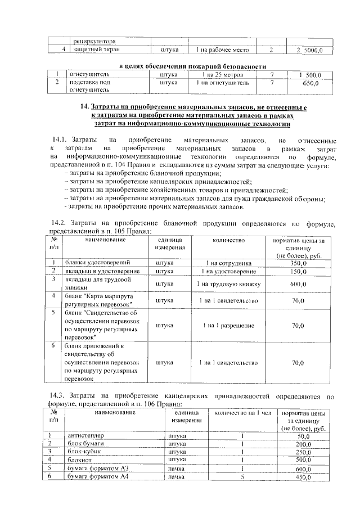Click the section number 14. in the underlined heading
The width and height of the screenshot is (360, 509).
(x=85, y=106)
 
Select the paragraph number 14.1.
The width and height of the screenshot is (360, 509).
(x=60, y=139)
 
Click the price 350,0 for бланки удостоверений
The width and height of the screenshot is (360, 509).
(x=298, y=263)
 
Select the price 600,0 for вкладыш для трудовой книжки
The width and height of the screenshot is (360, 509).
(x=298, y=284)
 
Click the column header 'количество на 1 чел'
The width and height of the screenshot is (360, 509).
(x=239, y=413)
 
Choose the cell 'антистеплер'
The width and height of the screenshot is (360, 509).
(x=86, y=435)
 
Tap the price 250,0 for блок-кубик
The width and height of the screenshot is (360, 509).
(x=304, y=452)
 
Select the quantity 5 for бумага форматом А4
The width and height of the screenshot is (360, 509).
(x=242, y=477)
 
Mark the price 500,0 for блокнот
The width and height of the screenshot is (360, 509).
(x=304, y=460)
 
